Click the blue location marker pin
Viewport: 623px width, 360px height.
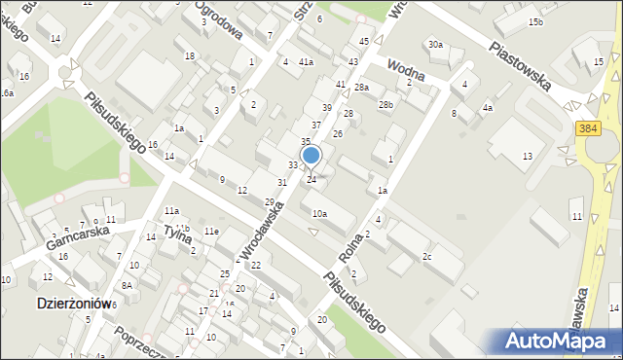pos(311,156)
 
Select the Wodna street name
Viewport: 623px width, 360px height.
pos(407,70)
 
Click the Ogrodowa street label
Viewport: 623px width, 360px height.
pos(217,18)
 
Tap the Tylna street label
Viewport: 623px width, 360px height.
pos(176,233)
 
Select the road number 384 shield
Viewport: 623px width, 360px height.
pos(594,127)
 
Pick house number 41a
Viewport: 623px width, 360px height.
pos(306,62)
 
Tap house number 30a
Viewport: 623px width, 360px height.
pos(435,45)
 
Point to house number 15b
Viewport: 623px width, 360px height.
pos(535,21)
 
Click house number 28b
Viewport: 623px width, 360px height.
pos(386,104)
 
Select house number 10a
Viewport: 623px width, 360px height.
pos(319,213)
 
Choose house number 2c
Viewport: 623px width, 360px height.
pos(426,256)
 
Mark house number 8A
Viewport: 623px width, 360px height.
pos(127,285)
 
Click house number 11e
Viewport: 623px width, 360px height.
pos(211,231)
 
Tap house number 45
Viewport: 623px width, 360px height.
pos(364,41)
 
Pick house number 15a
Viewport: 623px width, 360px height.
pos(593,61)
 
